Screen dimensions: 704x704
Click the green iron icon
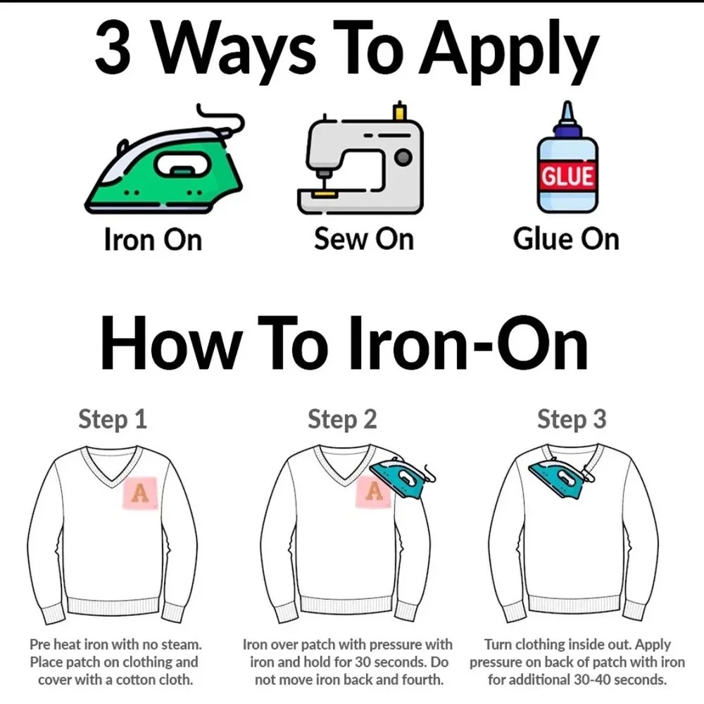pyautogui.click(x=164, y=166)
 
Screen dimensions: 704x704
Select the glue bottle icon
pyautogui.click(x=567, y=157)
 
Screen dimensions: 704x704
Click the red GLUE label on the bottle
pyautogui.click(x=567, y=175)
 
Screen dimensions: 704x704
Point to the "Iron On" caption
pyautogui.click(x=153, y=239)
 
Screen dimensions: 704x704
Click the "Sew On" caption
pyautogui.click(x=364, y=239)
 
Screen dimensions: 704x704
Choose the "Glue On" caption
pyautogui.click(x=566, y=239)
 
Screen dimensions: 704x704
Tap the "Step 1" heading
pyautogui.click(x=113, y=420)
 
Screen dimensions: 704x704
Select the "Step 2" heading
pyautogui.click(x=342, y=420)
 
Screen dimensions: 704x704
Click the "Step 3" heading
pyautogui.click(x=572, y=420)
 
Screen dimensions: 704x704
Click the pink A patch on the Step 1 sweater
pyautogui.click(x=140, y=493)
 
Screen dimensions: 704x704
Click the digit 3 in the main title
pyautogui.click(x=113, y=49)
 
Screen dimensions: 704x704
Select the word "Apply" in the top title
pyautogui.click(x=509, y=51)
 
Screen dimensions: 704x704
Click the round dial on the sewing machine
pyautogui.click(x=403, y=157)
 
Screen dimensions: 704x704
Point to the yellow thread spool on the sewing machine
pyautogui.click(x=399, y=111)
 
